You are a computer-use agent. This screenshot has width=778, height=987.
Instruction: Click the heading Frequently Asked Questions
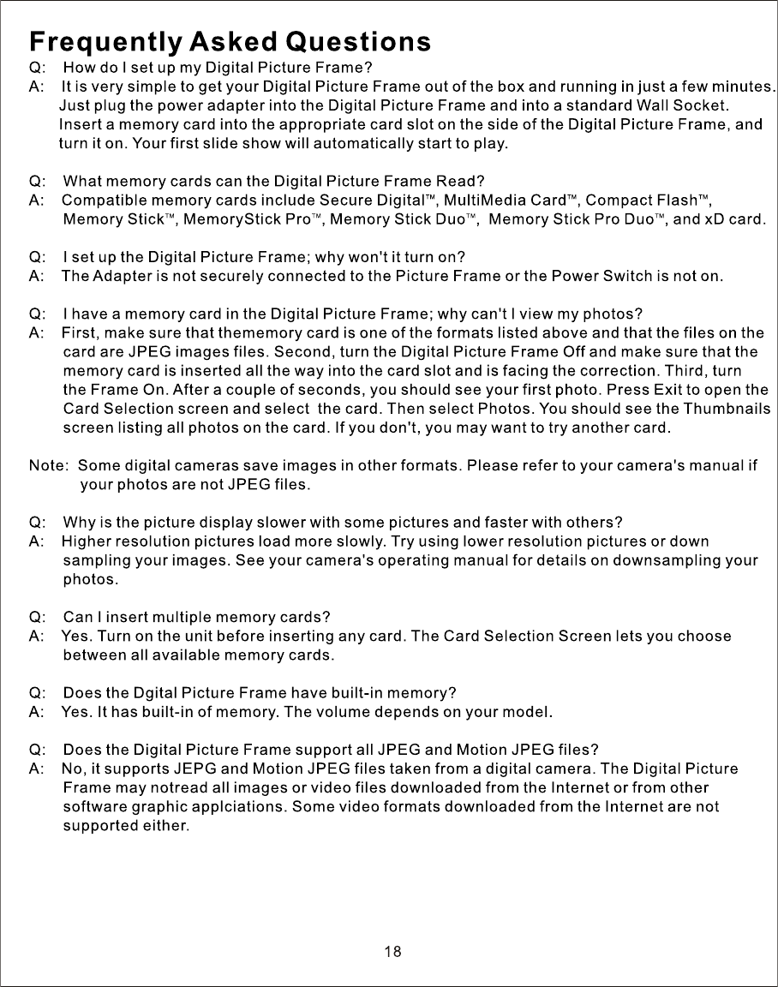pos(230,41)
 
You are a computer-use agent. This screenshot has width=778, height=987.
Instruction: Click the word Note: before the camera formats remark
pos(49,467)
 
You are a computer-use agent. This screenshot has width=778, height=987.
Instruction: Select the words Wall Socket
pos(682,106)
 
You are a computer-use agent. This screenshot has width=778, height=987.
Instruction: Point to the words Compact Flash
pos(641,201)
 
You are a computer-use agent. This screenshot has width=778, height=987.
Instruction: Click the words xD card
pos(733,219)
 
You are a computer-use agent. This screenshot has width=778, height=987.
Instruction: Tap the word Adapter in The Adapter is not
pos(122,277)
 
